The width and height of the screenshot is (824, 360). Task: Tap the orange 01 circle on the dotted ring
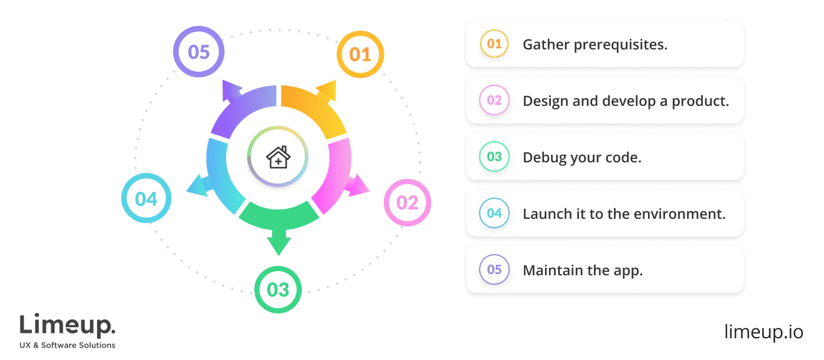[x=360, y=55]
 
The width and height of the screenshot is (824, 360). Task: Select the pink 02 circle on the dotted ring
[x=407, y=203]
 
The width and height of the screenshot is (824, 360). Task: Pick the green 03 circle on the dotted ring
[x=278, y=290]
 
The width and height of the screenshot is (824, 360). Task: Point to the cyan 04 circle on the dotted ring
[x=146, y=198]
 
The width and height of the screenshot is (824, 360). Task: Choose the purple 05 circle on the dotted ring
[x=199, y=52]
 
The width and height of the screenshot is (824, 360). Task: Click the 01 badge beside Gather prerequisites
[x=494, y=44]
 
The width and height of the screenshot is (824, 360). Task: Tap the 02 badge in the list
[x=494, y=101]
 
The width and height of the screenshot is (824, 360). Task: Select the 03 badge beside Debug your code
[x=494, y=157]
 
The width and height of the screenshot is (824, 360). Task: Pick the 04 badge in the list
[x=494, y=214]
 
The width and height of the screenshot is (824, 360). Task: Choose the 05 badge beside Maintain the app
[x=494, y=270]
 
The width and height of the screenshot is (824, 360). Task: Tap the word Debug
[x=542, y=158]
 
